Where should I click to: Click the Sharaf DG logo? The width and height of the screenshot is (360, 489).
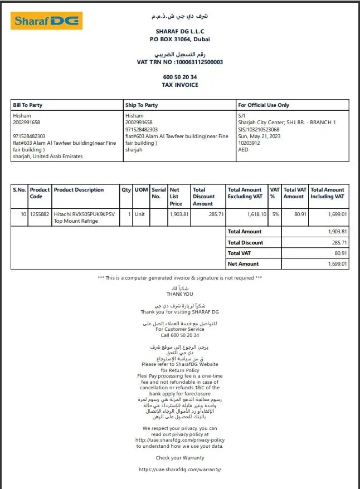47,21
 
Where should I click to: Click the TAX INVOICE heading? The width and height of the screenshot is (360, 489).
180,85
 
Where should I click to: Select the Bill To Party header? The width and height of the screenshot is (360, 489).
28,105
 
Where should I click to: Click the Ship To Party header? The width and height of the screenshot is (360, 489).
142,105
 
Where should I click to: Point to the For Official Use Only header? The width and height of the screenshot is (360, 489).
264,105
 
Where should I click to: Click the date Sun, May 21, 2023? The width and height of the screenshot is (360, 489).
259,136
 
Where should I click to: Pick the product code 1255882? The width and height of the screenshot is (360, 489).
40,214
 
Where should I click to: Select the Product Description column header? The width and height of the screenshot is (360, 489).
79,190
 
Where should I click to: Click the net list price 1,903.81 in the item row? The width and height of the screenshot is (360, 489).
179,214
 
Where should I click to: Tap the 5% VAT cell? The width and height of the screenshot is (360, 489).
275,214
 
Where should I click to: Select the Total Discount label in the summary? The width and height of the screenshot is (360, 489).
246,243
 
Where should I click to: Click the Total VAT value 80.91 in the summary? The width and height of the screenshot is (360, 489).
339,253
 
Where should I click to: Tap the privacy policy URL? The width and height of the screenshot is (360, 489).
180,440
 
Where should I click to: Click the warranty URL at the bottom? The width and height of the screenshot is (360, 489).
180,470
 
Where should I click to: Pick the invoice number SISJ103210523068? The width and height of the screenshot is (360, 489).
259,129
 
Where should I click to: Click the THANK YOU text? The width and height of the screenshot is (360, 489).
180,294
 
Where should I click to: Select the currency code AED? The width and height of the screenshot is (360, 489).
243,149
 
